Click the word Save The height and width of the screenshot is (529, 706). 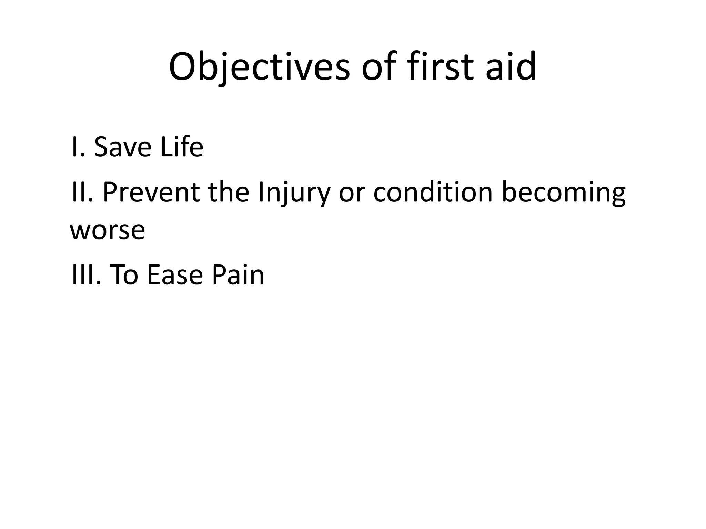point(122,147)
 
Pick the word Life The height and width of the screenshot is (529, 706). point(182,147)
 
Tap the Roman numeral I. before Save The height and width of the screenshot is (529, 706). point(78,147)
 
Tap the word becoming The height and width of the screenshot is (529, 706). point(563,193)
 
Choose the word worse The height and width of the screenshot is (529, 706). point(107,231)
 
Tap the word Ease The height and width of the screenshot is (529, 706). point(174,276)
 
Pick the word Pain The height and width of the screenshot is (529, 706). point(238,276)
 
